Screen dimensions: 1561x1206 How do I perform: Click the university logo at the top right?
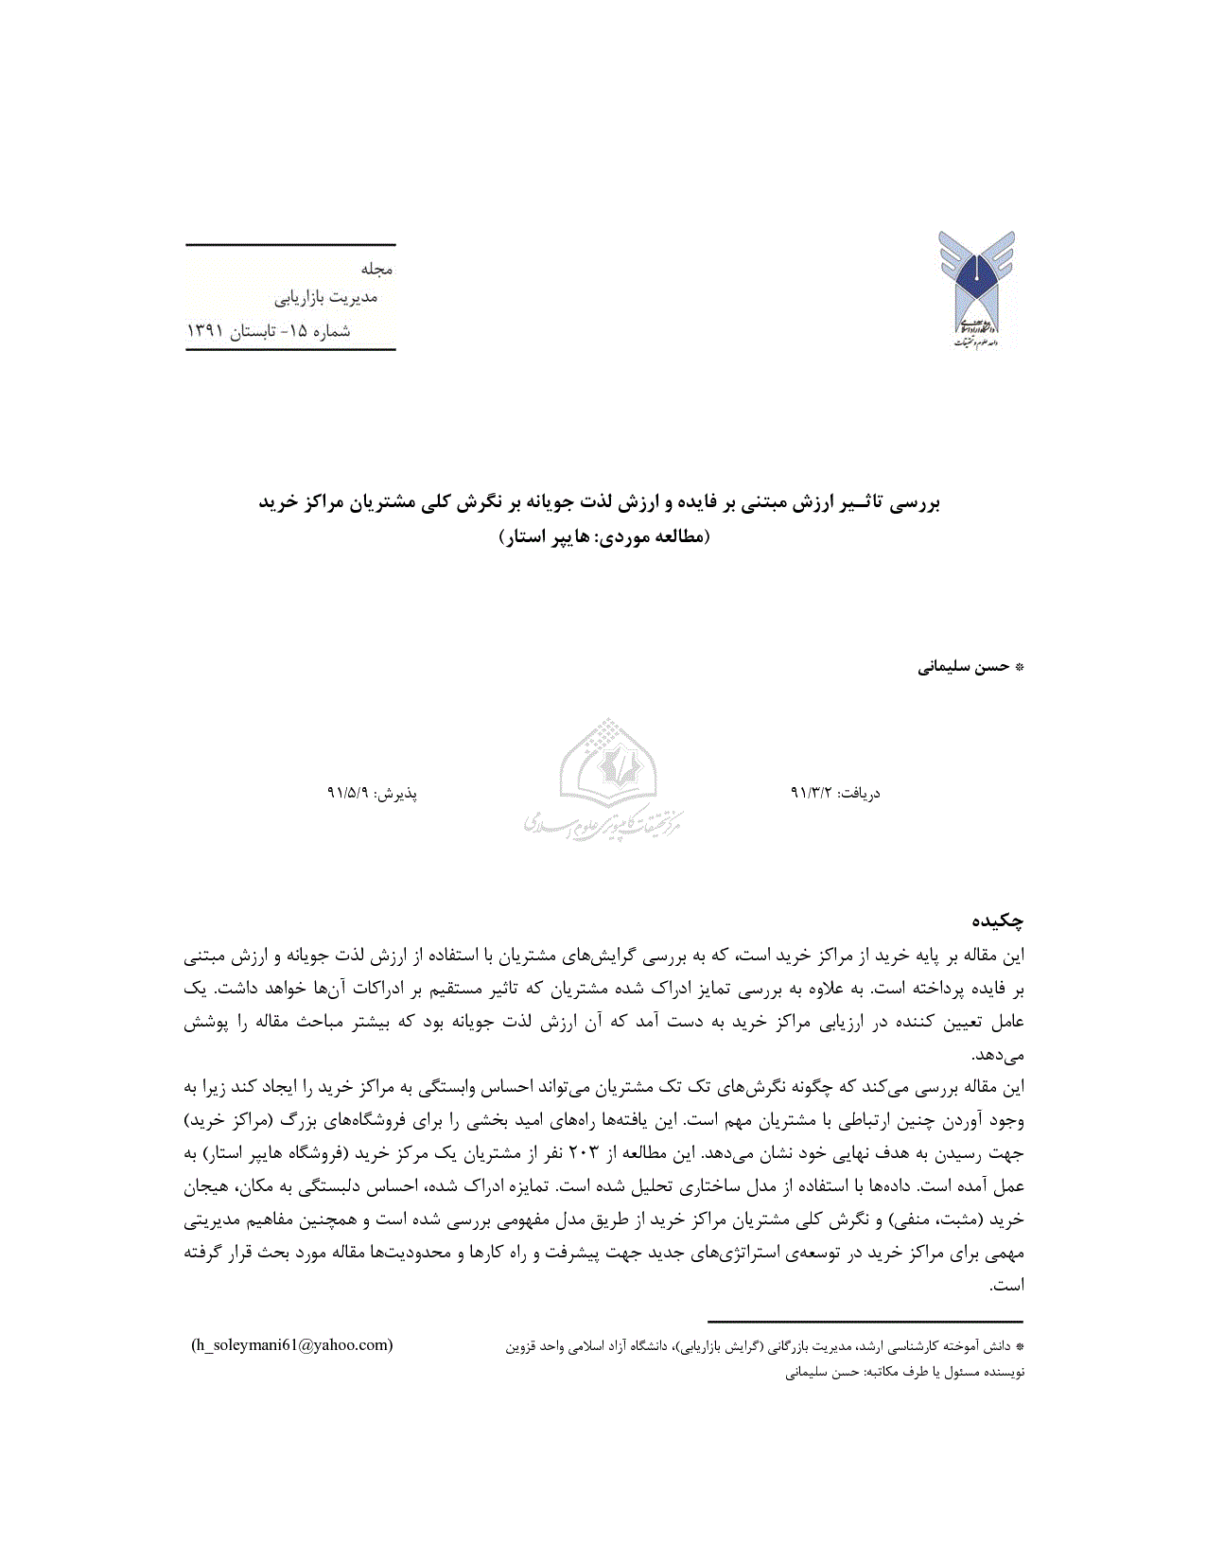click(x=976, y=289)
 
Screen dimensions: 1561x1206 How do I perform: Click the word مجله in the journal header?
click(x=376, y=269)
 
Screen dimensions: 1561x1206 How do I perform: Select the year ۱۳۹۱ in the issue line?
click(x=205, y=331)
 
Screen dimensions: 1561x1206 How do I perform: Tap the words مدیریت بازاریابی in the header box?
click(x=326, y=298)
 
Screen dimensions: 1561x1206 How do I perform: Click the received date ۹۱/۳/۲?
click(x=810, y=793)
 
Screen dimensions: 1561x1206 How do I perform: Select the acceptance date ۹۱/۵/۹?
click(x=347, y=793)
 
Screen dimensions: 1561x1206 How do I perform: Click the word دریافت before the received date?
click(x=860, y=793)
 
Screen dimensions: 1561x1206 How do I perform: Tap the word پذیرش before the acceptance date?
click(x=397, y=793)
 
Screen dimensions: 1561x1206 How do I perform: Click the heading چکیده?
click(x=998, y=920)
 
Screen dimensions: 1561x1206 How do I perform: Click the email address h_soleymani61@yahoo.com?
click(x=291, y=1344)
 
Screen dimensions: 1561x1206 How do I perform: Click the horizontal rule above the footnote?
click(x=865, y=1322)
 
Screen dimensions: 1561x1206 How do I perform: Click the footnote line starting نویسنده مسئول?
click(x=905, y=1372)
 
